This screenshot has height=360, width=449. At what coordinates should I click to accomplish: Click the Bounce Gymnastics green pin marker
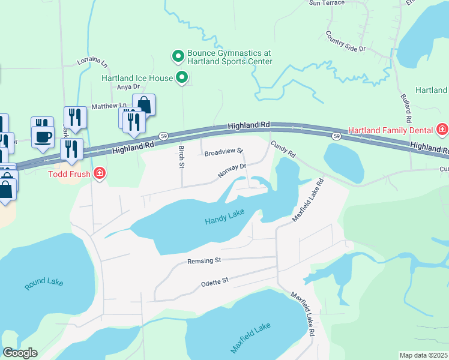(x=178, y=56)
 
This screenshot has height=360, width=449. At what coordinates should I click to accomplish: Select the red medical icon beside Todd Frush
(x=99, y=175)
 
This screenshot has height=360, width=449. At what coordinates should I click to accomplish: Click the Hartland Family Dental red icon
(x=442, y=130)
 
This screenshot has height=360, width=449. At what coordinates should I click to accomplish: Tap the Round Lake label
(x=43, y=284)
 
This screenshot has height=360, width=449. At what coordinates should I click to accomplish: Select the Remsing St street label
(x=204, y=261)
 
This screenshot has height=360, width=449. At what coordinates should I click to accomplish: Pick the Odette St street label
(x=214, y=280)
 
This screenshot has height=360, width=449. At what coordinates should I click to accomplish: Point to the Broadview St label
(x=223, y=153)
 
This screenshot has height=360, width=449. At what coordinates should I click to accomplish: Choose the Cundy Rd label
(x=283, y=149)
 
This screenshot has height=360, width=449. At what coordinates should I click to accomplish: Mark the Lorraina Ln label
(x=92, y=62)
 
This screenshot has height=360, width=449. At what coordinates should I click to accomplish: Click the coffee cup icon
(x=43, y=136)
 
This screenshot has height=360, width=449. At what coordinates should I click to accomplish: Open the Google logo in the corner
(x=20, y=353)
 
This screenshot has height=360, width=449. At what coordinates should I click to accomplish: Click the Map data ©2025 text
(x=423, y=355)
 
